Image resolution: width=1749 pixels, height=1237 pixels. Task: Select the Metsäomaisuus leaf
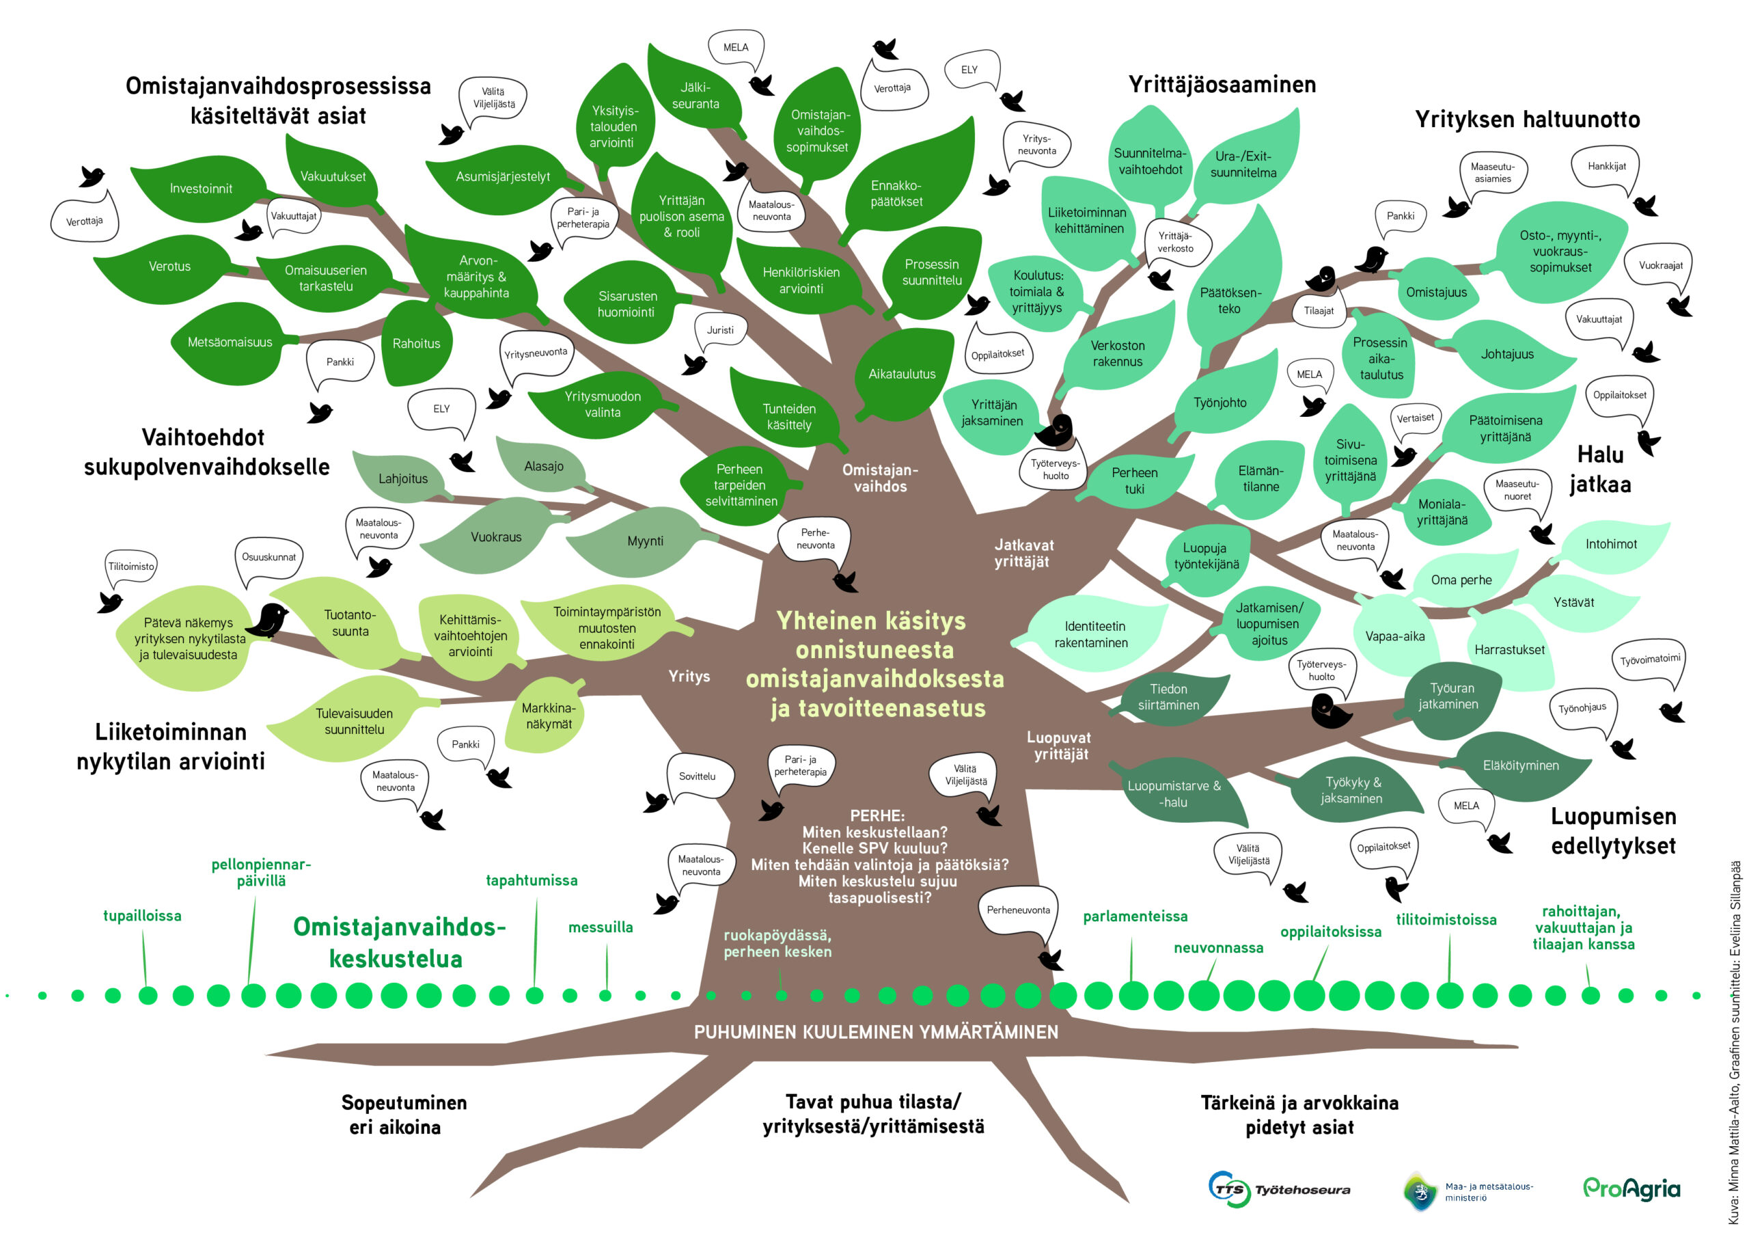pyautogui.click(x=230, y=342)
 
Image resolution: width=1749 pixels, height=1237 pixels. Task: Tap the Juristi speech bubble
pyautogui.click(x=720, y=330)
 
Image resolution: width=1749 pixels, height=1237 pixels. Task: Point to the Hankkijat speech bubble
pyautogui.click(x=1606, y=167)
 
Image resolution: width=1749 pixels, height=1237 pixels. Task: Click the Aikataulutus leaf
pyautogui.click(x=902, y=373)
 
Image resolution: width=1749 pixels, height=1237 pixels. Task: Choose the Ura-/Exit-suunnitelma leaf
pyautogui.click(x=1243, y=165)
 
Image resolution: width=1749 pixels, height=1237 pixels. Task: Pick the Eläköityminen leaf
pyautogui.click(x=1521, y=765)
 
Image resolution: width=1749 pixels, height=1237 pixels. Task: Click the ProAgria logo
pyautogui.click(x=1631, y=1188)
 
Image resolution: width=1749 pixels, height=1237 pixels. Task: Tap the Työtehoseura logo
pyautogui.click(x=1280, y=1189)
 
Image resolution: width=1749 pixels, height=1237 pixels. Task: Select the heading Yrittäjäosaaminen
pyautogui.click(x=1222, y=84)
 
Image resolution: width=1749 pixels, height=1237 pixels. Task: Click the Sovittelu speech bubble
pyautogui.click(x=698, y=776)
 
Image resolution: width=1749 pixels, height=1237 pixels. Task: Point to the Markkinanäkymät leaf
pyautogui.click(x=549, y=716)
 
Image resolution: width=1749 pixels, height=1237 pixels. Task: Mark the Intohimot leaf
pyautogui.click(x=1610, y=544)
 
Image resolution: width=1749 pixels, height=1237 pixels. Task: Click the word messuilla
pyautogui.click(x=601, y=927)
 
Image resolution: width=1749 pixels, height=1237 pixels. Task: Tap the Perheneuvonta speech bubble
pyautogui.click(x=1018, y=910)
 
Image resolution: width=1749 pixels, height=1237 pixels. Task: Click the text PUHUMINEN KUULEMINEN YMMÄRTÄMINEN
pyautogui.click(x=876, y=1032)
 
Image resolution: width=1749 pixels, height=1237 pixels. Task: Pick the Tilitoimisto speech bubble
pyautogui.click(x=131, y=567)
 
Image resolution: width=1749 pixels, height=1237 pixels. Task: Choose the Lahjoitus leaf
pyautogui.click(x=402, y=478)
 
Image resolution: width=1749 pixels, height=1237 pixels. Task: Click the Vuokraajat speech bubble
pyautogui.click(x=1661, y=265)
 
